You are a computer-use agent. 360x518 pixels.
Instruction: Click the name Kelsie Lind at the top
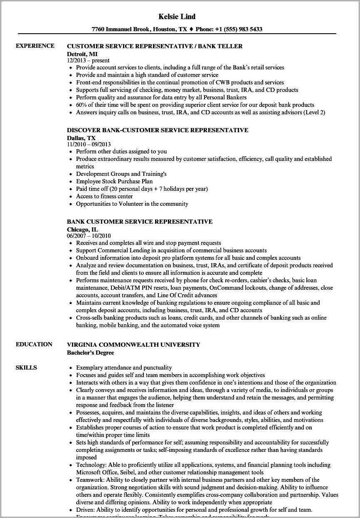(x=177, y=17)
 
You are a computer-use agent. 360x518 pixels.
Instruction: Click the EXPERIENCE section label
(x=35, y=46)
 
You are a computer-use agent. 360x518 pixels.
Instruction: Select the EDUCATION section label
(x=34, y=344)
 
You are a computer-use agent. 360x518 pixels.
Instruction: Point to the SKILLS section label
(x=26, y=368)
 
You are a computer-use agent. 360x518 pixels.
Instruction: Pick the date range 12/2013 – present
(x=89, y=61)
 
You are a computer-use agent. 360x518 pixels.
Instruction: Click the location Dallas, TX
(x=81, y=138)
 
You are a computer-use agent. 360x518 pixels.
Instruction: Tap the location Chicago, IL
(x=83, y=229)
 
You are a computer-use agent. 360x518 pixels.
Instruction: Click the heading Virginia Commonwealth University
(x=133, y=345)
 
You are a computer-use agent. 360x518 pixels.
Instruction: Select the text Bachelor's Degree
(x=90, y=353)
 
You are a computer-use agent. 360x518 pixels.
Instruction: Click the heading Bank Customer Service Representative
(x=140, y=222)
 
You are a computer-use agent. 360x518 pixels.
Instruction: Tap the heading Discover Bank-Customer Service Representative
(x=158, y=130)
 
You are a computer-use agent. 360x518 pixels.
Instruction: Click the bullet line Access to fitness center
(x=104, y=196)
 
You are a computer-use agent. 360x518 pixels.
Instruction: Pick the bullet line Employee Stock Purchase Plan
(x=114, y=181)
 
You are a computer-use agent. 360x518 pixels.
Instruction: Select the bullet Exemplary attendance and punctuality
(x=124, y=368)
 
